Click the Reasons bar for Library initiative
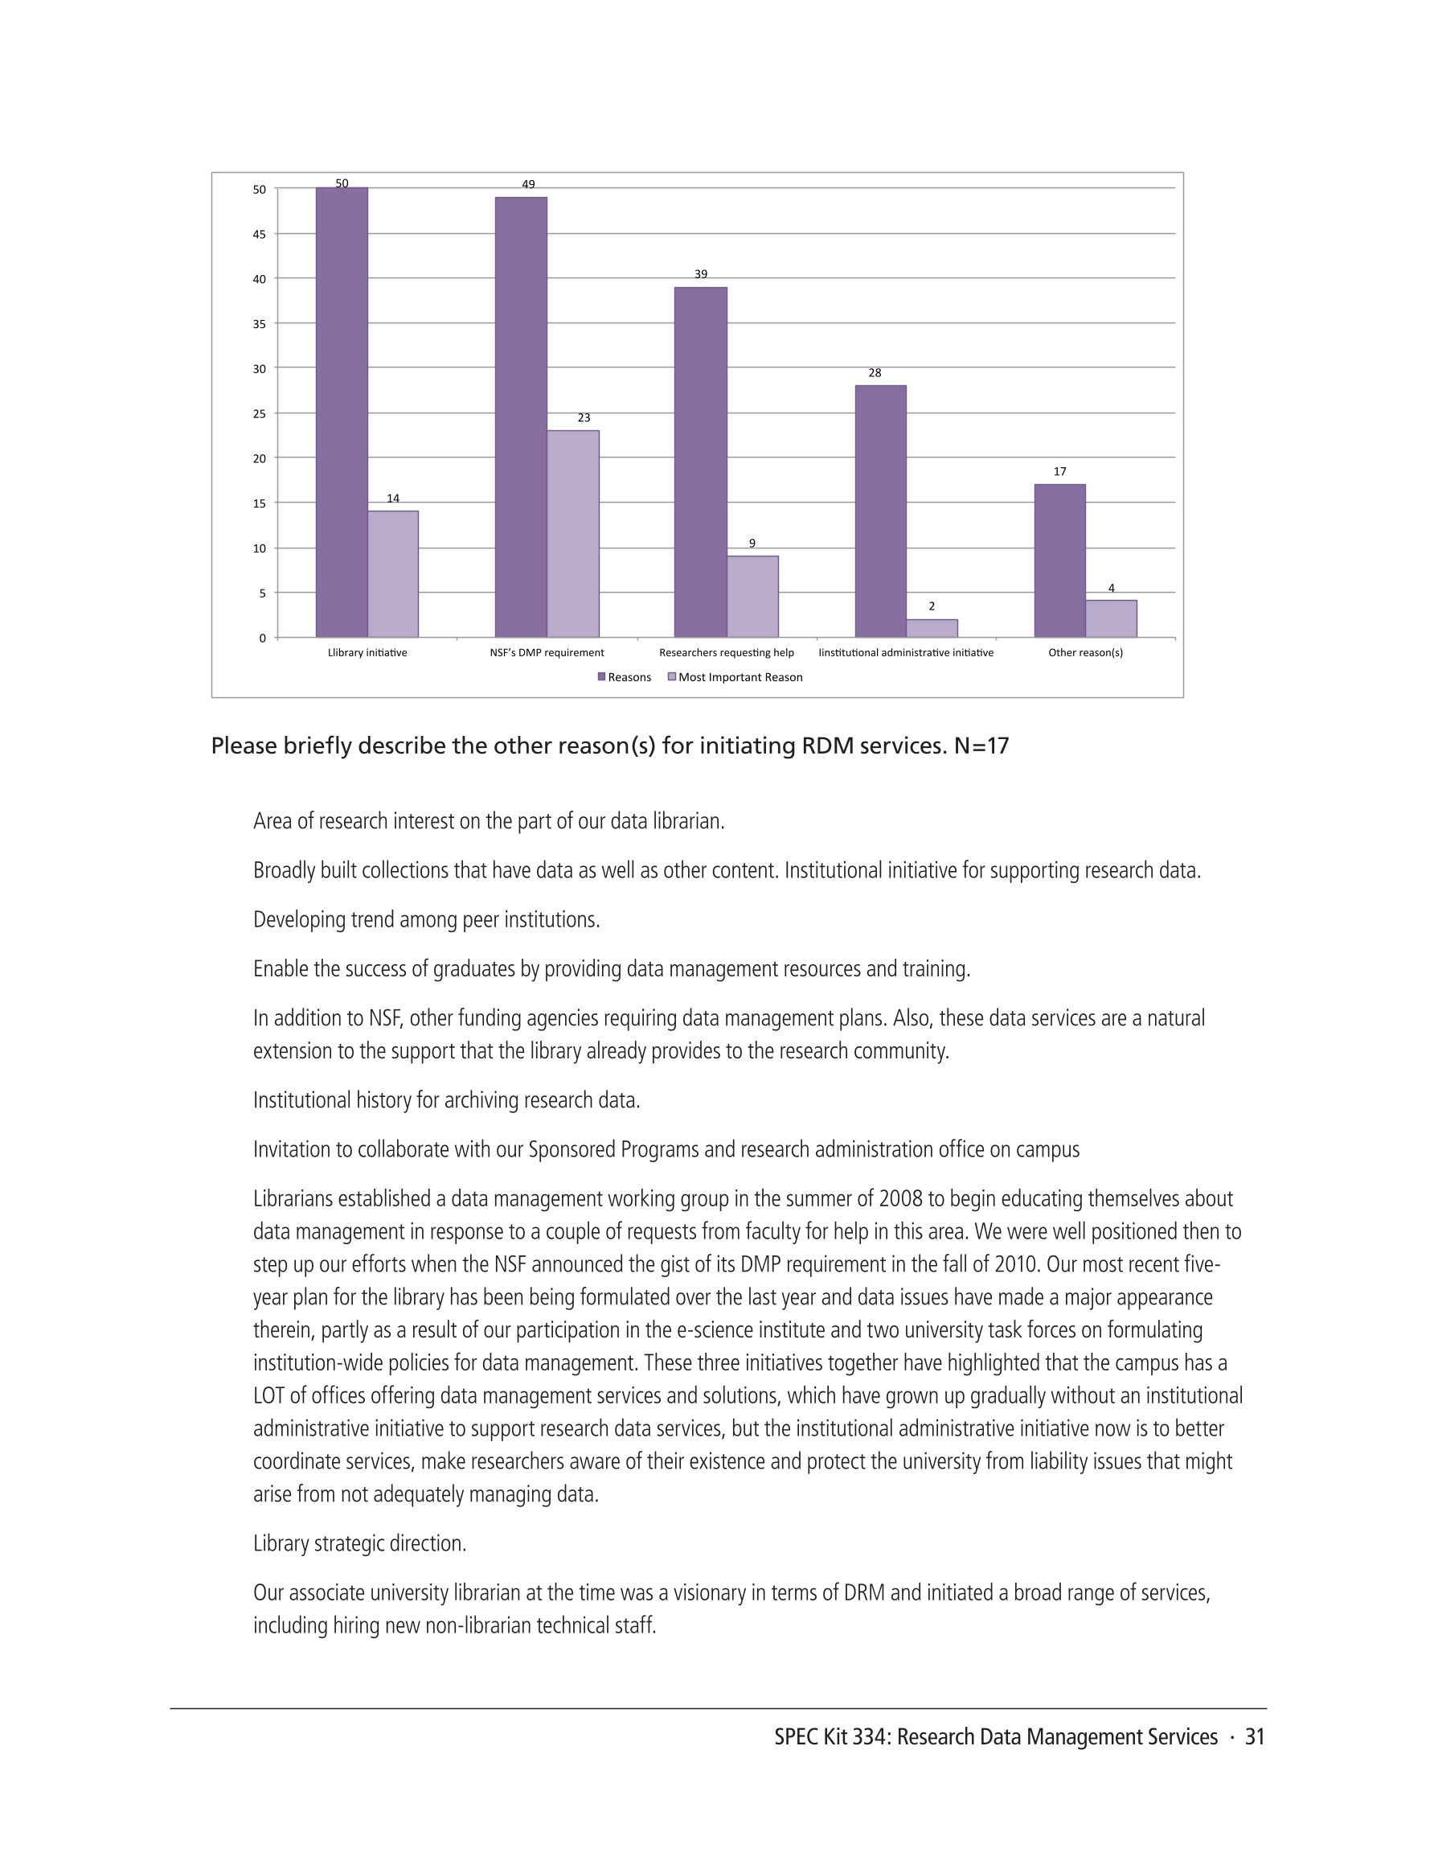click(x=342, y=413)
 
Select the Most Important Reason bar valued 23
click(x=573, y=534)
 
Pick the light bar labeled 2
click(x=932, y=628)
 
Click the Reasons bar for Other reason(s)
click(x=1060, y=561)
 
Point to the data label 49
click(x=528, y=184)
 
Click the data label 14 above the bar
click(x=393, y=499)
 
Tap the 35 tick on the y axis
click(x=260, y=324)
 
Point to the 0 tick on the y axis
click(x=263, y=638)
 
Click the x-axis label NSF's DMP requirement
click(x=547, y=653)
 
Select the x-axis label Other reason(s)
click(x=1085, y=653)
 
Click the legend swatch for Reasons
click(x=602, y=677)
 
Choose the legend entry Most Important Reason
click(x=740, y=678)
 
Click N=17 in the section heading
click(x=981, y=746)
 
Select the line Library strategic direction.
click(x=359, y=1544)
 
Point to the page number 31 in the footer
click(x=1255, y=1737)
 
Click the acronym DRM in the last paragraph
click(x=864, y=1593)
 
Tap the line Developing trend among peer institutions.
click(x=427, y=920)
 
